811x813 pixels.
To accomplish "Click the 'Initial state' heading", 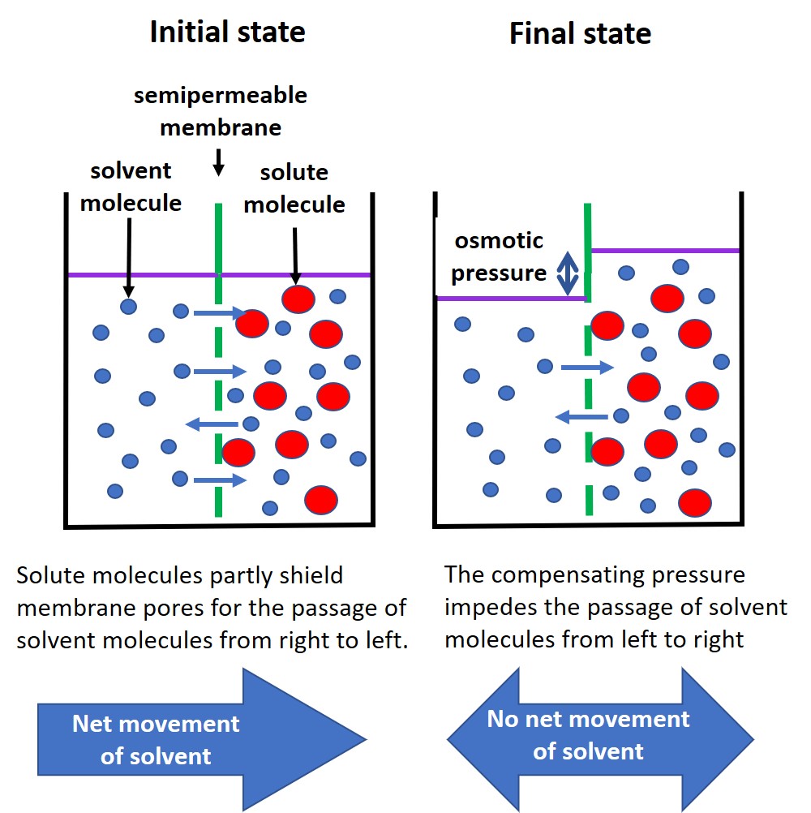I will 227,32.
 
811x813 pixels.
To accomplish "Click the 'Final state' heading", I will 580,33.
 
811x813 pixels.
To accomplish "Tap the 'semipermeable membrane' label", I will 221,111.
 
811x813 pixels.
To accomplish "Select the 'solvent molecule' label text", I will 131,187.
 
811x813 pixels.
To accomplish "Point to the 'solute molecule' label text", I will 294,188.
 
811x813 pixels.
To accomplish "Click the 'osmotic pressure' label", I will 499,257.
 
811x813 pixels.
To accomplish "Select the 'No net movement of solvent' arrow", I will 600,735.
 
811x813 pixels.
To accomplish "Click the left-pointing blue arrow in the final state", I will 581,417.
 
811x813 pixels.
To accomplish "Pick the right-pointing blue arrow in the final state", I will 587,368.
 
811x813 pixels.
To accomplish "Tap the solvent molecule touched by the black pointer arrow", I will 128,306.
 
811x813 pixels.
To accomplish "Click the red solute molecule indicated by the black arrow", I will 298,299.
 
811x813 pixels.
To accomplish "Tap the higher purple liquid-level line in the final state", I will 665,250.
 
